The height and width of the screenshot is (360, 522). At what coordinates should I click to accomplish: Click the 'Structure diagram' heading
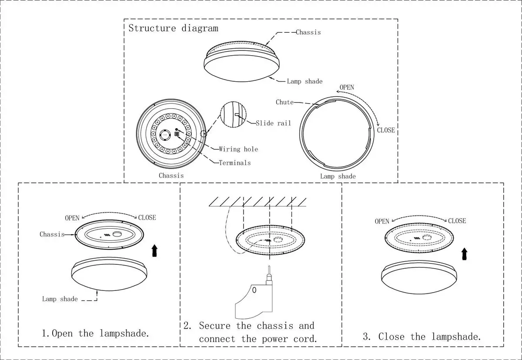(x=174, y=28)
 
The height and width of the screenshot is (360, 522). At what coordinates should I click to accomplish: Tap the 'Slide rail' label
(x=273, y=123)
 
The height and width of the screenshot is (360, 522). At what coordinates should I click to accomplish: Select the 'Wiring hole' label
(x=238, y=149)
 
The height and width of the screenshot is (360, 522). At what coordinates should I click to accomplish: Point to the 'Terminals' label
(x=234, y=163)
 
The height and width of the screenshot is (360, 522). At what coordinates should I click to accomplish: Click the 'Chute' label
(x=284, y=102)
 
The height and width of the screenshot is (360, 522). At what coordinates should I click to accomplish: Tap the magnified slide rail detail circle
(x=233, y=115)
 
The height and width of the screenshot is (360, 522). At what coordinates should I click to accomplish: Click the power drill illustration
(x=254, y=293)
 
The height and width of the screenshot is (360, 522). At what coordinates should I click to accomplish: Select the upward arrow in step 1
(x=154, y=250)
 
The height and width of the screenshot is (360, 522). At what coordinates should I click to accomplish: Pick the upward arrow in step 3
(x=465, y=254)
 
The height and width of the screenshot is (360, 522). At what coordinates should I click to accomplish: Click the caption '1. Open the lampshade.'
(x=95, y=333)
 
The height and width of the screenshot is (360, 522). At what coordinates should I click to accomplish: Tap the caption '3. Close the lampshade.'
(x=422, y=337)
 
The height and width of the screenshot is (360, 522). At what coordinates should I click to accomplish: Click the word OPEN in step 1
(x=72, y=218)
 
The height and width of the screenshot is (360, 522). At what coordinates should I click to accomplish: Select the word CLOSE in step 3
(x=457, y=221)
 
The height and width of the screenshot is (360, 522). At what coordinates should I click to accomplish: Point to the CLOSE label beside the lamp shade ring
(x=386, y=130)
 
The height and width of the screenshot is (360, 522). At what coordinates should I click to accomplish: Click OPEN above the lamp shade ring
(x=347, y=87)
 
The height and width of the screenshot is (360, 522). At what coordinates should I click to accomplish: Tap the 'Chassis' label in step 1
(x=52, y=234)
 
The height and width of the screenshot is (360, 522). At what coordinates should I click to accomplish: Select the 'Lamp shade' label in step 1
(x=60, y=299)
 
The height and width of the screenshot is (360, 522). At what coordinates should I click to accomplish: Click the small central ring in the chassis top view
(x=165, y=135)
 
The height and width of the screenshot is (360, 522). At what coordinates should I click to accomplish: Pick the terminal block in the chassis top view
(x=177, y=134)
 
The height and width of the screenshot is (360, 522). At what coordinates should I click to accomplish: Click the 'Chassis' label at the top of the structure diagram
(x=308, y=32)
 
